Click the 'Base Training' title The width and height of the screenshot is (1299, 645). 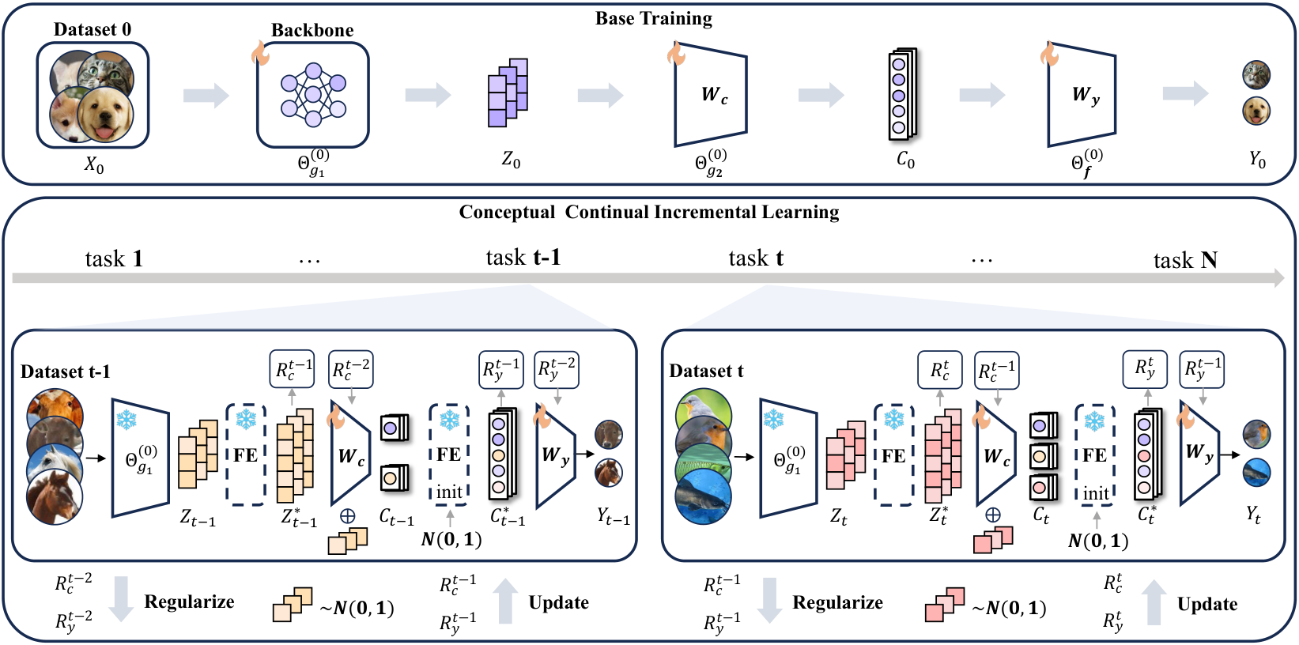coord(653,18)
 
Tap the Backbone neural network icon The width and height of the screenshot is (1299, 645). coord(313,96)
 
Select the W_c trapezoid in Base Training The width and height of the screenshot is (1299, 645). coord(710,95)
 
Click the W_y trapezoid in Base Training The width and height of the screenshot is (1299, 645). coord(1082,95)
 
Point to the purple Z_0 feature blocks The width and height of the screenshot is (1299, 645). coord(508,92)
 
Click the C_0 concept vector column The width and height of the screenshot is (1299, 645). coord(901,94)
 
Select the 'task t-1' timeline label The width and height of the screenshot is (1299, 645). coord(523,258)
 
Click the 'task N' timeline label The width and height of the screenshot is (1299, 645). coord(1184,260)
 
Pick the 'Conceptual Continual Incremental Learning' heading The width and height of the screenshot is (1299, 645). coord(649,212)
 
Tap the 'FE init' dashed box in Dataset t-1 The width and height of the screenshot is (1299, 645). coord(449,455)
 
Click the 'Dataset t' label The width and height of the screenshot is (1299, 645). coord(706,371)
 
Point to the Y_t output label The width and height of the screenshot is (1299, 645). coord(1253,515)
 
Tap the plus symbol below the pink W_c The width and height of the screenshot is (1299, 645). coord(993,515)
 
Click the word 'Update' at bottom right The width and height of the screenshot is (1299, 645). coord(1206,604)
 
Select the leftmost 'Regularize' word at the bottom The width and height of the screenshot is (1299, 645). coord(189,602)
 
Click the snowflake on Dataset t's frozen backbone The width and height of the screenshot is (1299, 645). coord(772,420)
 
